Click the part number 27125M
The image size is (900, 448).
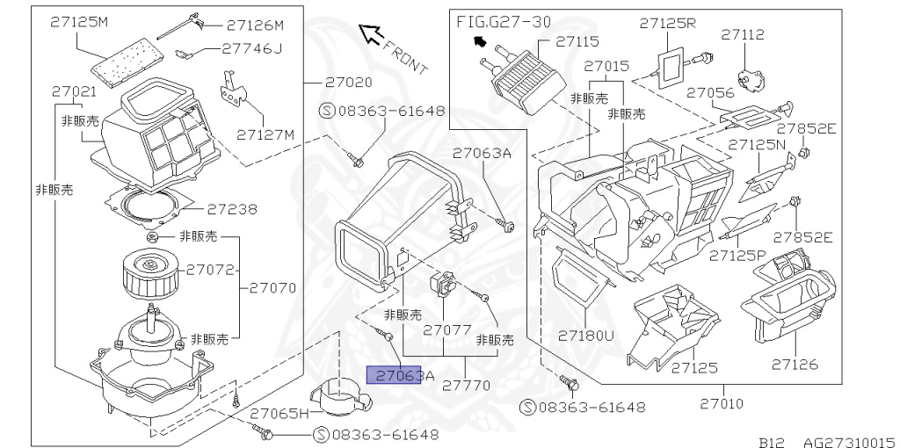point(78,22)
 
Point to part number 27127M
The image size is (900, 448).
point(265,134)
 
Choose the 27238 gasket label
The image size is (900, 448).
point(232,209)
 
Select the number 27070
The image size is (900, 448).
point(272,287)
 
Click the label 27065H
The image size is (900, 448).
point(279,412)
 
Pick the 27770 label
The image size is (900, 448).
point(467,385)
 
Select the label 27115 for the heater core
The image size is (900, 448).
point(577,40)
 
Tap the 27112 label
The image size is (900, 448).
point(743,35)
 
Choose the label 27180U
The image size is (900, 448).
point(586,335)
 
